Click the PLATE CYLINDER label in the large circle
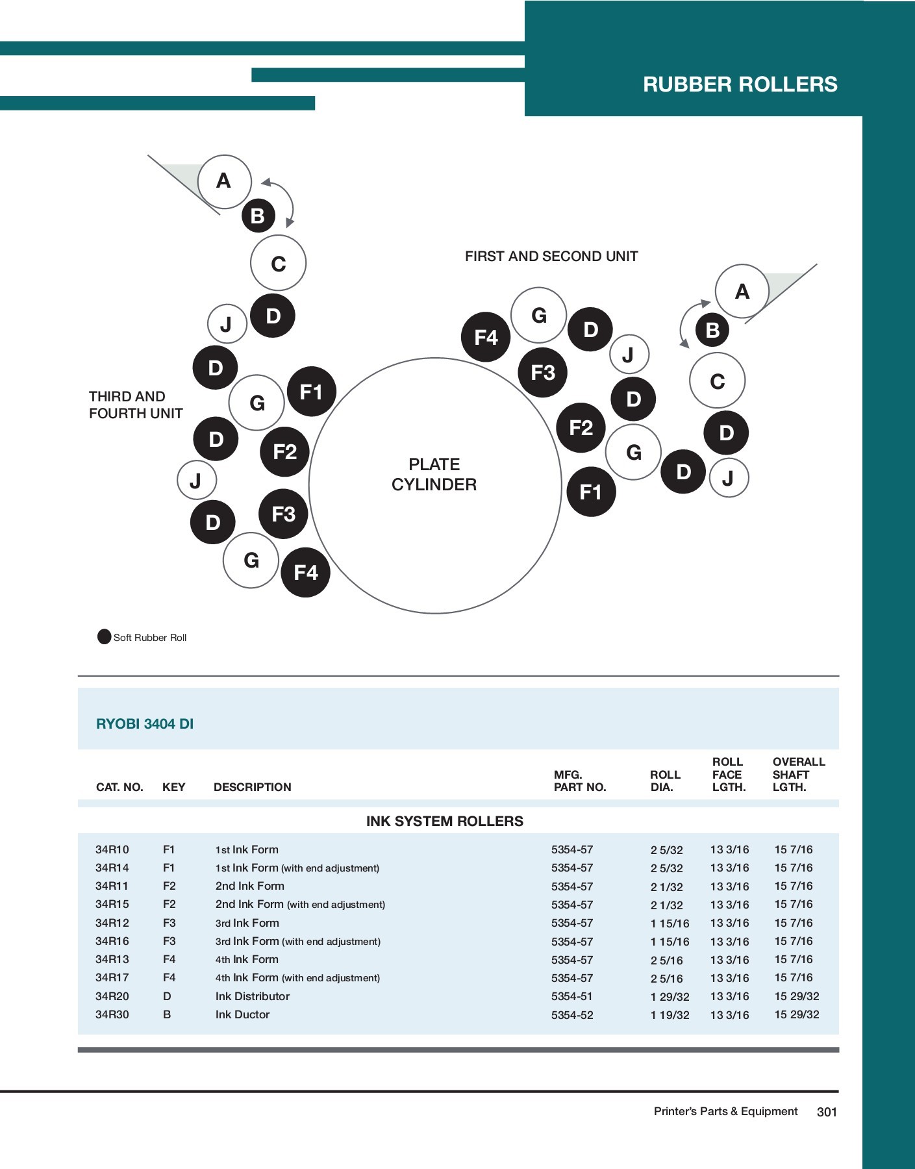(x=434, y=474)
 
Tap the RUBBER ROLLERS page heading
(x=740, y=84)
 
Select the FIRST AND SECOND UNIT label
(x=551, y=257)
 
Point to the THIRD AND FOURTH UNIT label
(x=136, y=405)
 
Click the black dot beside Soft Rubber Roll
(x=104, y=636)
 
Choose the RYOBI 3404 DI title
(x=145, y=723)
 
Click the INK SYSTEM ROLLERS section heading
(x=444, y=821)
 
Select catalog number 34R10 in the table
(x=112, y=849)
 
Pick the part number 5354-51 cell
(x=572, y=996)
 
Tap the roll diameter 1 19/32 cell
(x=670, y=1015)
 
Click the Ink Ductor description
(x=242, y=1014)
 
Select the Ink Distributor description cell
(x=253, y=996)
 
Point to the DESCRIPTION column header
(x=252, y=787)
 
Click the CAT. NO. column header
(x=119, y=787)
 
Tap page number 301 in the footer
(x=827, y=1112)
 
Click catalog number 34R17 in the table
(x=112, y=977)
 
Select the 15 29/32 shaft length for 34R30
(x=797, y=1014)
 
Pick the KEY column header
(x=173, y=787)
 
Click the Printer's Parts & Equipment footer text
(x=725, y=1111)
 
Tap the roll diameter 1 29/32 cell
(x=670, y=997)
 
